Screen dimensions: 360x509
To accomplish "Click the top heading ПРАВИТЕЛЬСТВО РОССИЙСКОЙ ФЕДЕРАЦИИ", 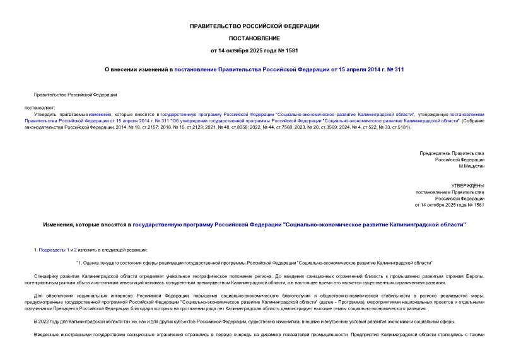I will [x=254, y=26].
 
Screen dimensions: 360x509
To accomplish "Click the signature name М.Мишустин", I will [x=471, y=165].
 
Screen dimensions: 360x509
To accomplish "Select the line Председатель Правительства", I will [x=452, y=153].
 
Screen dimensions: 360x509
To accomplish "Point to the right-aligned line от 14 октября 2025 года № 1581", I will [x=449, y=205].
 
